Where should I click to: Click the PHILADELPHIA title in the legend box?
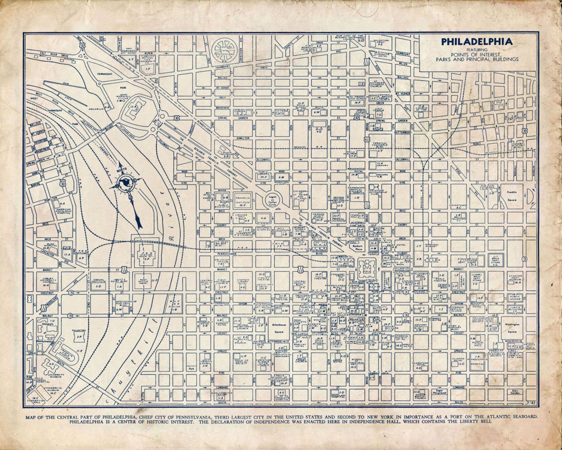(476, 42)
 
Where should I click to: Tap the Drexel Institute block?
(97, 283)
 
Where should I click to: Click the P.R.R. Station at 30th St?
(144, 254)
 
